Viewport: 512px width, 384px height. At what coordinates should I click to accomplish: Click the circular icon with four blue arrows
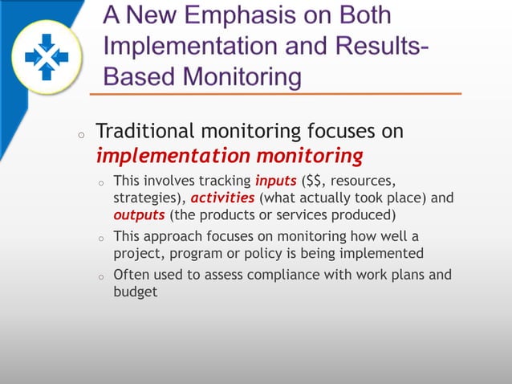coord(47,55)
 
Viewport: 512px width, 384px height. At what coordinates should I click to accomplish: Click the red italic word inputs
coord(275,180)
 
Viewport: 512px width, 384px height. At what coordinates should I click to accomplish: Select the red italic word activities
coord(222,198)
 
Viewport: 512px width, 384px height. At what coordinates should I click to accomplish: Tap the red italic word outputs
coord(139,214)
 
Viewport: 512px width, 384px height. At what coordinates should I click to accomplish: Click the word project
coord(136,253)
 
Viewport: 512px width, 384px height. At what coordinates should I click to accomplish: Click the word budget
coord(135,292)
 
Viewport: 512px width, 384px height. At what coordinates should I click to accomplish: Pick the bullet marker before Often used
coord(101,278)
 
